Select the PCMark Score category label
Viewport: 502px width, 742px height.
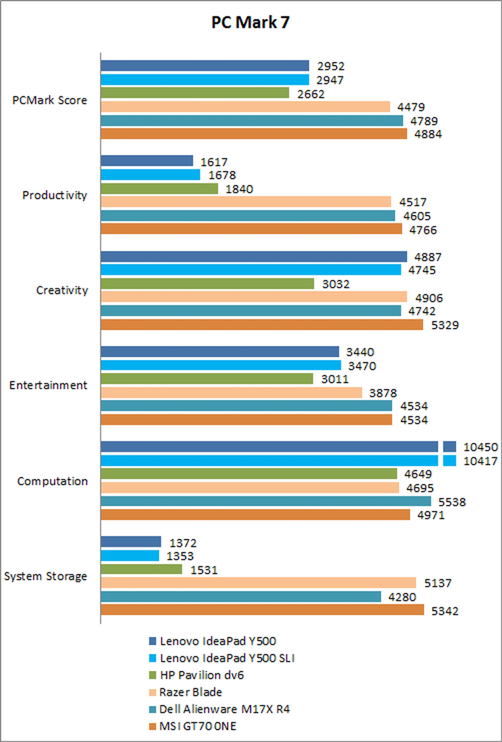click(x=49, y=100)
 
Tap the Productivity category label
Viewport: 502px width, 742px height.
click(x=55, y=195)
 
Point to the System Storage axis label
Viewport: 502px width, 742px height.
click(x=45, y=576)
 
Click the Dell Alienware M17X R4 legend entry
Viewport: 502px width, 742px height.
click(x=224, y=709)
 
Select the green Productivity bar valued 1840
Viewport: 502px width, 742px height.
click(x=159, y=189)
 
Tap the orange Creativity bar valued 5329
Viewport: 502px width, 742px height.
click(x=262, y=325)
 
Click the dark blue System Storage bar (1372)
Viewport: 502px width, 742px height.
click(x=131, y=542)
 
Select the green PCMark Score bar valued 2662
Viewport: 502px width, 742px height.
click(x=195, y=93)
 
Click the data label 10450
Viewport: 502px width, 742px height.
click(x=480, y=447)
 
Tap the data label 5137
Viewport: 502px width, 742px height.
click(x=437, y=583)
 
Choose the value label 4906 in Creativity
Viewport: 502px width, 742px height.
click(x=429, y=298)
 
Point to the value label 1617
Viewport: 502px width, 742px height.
click(x=214, y=162)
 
